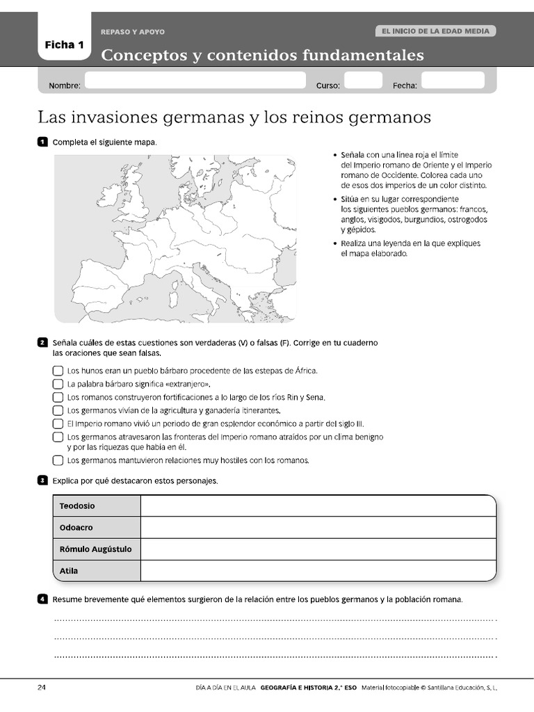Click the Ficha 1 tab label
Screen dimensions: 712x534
click(64, 45)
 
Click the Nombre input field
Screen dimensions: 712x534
click(195, 81)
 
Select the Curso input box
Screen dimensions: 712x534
click(363, 81)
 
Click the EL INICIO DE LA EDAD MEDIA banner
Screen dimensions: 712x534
click(435, 31)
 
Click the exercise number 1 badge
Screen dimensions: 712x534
click(42, 143)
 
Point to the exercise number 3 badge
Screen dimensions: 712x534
click(42, 480)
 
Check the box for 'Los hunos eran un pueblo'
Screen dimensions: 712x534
click(58, 371)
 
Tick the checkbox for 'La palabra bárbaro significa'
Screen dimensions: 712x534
click(58, 384)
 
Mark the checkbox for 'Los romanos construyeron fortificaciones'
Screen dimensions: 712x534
click(58, 397)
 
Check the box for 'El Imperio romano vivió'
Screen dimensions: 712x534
click(58, 423)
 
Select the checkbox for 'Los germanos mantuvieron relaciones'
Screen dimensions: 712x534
click(58, 460)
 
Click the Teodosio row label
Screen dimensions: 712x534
click(77, 505)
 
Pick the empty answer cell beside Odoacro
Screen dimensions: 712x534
click(318, 528)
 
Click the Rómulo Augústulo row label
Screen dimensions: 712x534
click(96, 549)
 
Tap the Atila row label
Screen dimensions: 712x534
click(69, 571)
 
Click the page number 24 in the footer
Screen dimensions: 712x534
click(42, 688)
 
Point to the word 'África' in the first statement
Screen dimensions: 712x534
click(304, 371)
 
